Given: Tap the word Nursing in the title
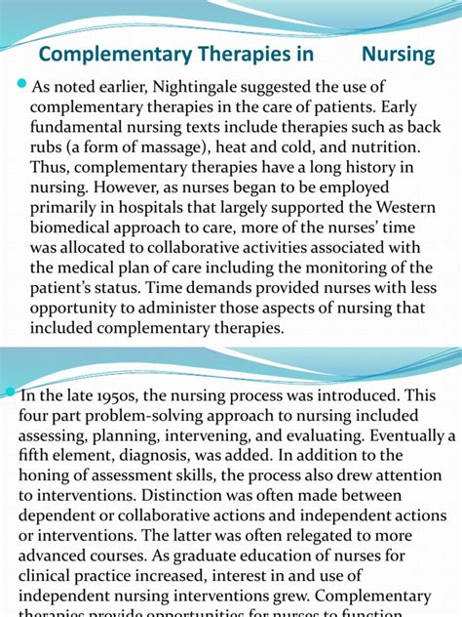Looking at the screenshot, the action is coord(398,53).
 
